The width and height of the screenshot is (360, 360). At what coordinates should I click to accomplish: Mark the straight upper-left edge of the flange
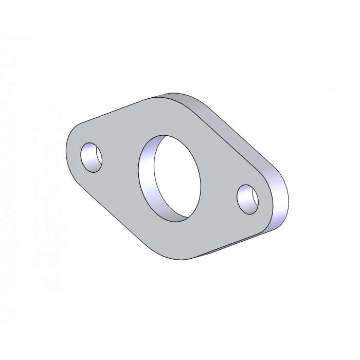[x=111, y=114]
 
